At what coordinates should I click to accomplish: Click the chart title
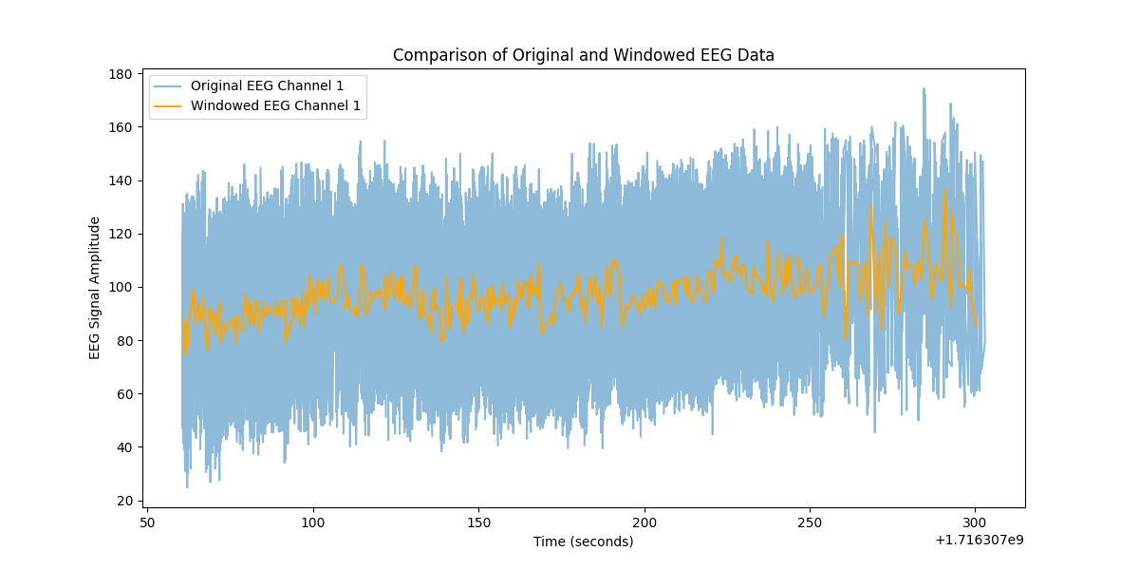click(583, 55)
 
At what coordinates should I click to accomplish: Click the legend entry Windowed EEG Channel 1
click(275, 105)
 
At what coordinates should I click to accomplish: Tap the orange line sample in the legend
click(170, 105)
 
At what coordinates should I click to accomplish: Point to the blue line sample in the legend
click(170, 85)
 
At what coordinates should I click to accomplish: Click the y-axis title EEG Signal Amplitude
click(95, 287)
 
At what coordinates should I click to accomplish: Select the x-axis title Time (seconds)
click(583, 541)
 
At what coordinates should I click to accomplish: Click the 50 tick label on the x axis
click(147, 522)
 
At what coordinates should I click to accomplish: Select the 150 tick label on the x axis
click(478, 522)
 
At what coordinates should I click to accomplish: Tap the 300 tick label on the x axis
click(976, 522)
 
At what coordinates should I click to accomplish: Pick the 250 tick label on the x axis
click(810, 522)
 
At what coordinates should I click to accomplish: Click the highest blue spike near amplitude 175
click(924, 90)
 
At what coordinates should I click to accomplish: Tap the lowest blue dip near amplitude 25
click(187, 486)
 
